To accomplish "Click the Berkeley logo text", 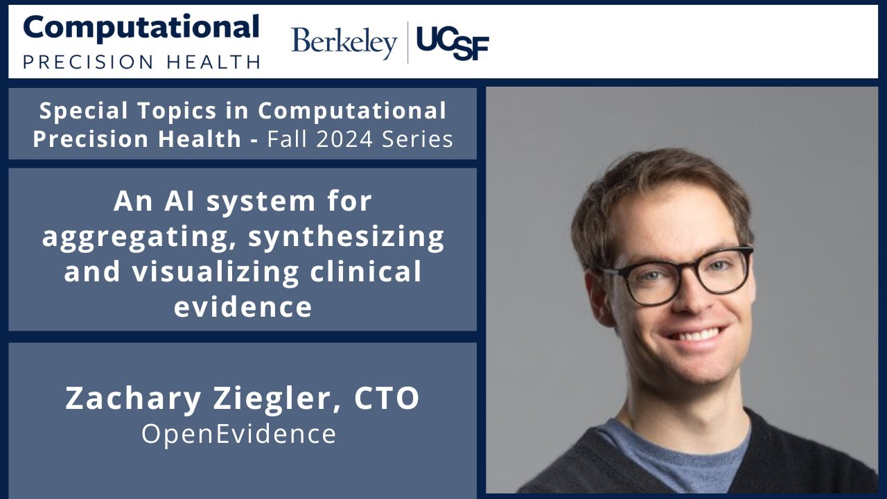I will point(344,43).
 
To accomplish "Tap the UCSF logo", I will point(453,44).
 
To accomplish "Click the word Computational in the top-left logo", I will point(141,28).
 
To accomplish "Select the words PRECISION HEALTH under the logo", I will point(141,61).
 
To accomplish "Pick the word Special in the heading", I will point(76,110).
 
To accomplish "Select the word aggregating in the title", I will point(137,237).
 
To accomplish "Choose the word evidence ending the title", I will point(243,307).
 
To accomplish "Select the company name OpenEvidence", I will point(239,434).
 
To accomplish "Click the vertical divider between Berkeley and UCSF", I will point(407,43).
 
